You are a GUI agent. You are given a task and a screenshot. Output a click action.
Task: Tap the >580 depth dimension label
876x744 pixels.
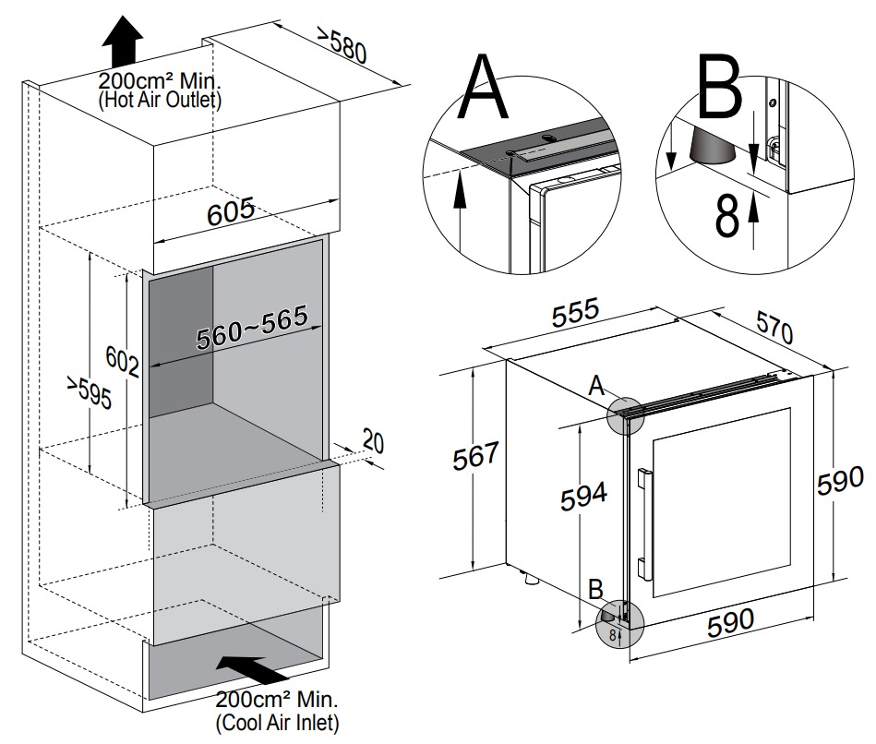tap(342, 45)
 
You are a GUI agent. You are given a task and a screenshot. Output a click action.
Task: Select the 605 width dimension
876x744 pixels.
tap(230, 212)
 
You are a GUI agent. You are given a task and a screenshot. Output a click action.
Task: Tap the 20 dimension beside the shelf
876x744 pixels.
tap(372, 440)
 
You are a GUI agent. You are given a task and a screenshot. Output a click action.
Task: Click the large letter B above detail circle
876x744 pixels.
tap(718, 89)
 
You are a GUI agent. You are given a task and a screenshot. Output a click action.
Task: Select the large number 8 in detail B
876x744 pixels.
tap(727, 216)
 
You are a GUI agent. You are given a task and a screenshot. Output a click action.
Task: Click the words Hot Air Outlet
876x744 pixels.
tap(159, 100)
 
